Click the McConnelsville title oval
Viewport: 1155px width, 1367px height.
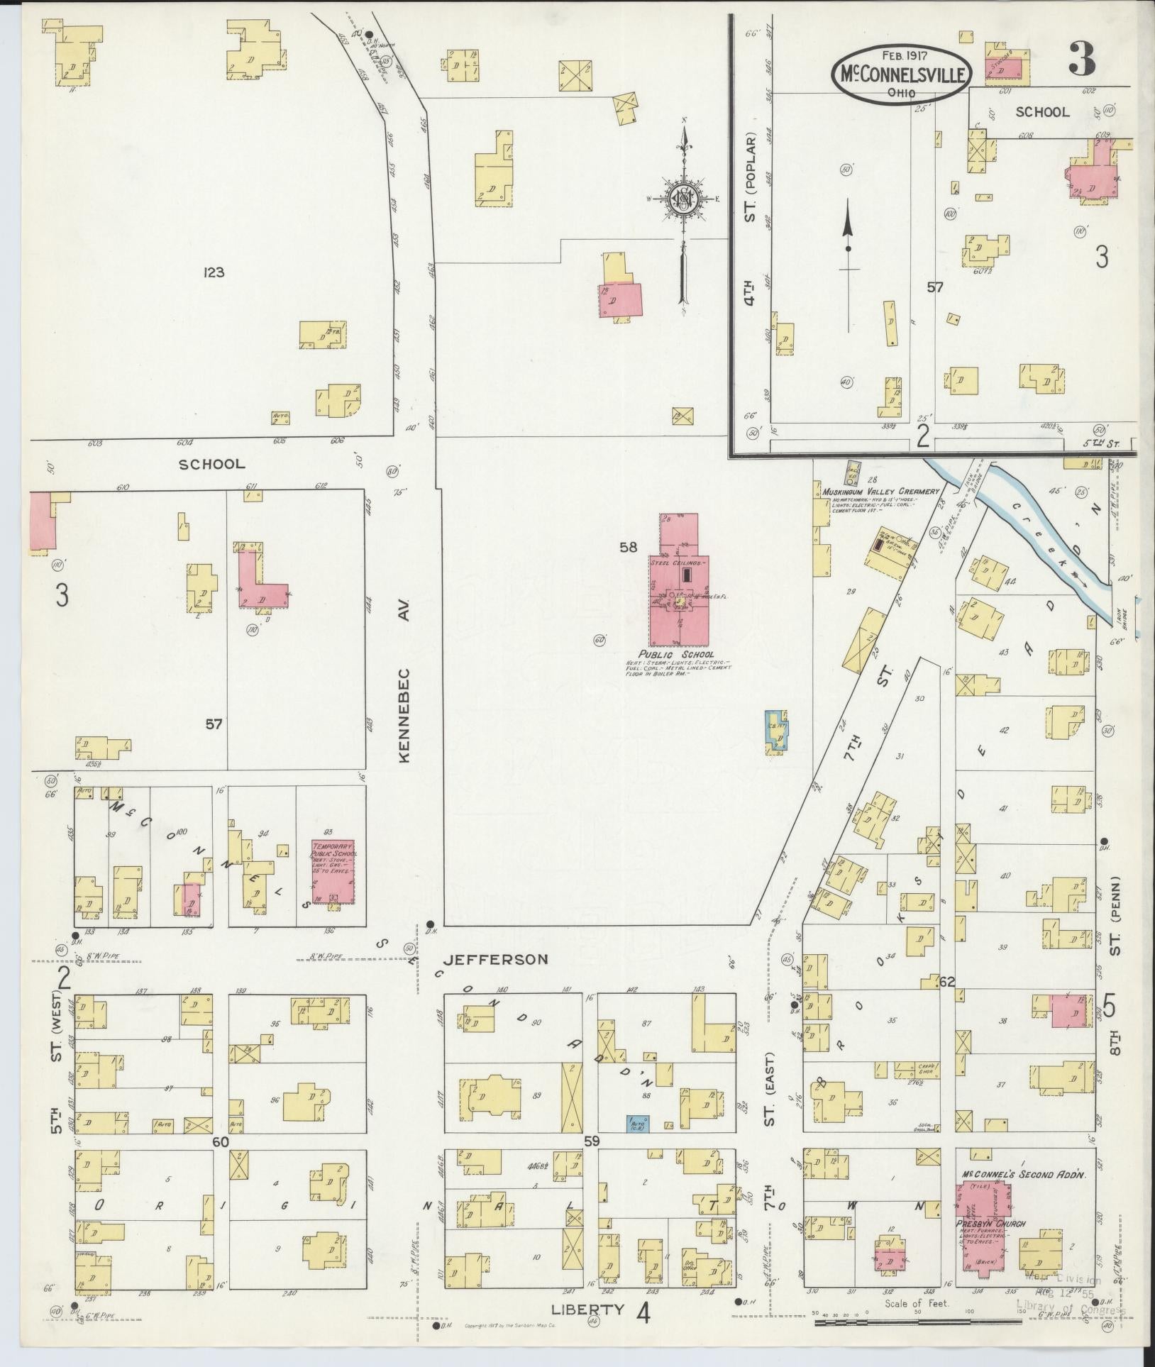[900, 72]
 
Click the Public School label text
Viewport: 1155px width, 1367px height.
[675, 654]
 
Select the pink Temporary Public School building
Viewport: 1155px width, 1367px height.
[333, 873]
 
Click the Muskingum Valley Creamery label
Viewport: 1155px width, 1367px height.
[880, 491]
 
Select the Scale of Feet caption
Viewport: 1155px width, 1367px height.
[917, 1303]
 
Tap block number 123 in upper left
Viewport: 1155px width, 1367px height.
[213, 272]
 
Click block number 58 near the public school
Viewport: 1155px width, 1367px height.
[629, 546]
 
